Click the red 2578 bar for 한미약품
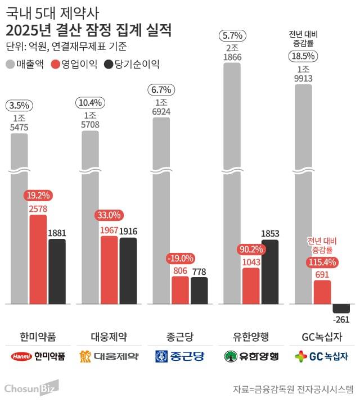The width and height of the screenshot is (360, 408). point(38,259)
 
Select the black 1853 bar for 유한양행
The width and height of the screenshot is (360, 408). point(270,271)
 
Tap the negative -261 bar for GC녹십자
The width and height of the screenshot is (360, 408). point(341,308)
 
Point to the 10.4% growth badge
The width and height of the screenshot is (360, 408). point(90,102)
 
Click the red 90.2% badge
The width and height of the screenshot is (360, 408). point(251,249)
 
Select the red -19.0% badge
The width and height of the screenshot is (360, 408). point(180,259)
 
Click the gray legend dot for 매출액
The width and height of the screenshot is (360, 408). point(11,64)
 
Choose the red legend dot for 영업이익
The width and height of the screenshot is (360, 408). point(56,64)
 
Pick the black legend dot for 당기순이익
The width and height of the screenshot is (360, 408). point(109,64)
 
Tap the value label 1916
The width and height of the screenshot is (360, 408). point(128,231)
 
